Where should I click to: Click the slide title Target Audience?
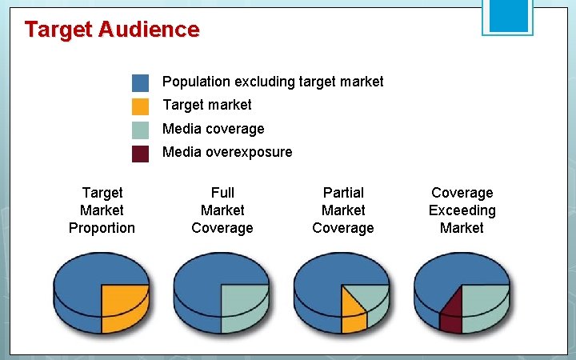coord(111,30)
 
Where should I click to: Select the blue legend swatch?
coord(140,82)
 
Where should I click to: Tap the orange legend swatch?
coord(140,106)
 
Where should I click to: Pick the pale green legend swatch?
coord(140,130)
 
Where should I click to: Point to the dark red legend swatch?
coord(140,153)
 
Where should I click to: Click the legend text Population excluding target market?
coord(273,82)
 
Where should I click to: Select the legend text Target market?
coord(206,105)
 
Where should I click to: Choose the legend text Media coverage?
coord(213,129)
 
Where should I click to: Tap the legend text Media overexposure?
coord(227,152)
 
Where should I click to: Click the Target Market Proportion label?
coord(102,210)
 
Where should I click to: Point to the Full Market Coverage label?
coord(222,210)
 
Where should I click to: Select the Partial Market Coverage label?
coord(342,210)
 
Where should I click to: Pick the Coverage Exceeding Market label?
coord(462,210)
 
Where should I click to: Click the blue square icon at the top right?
coord(507,16)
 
